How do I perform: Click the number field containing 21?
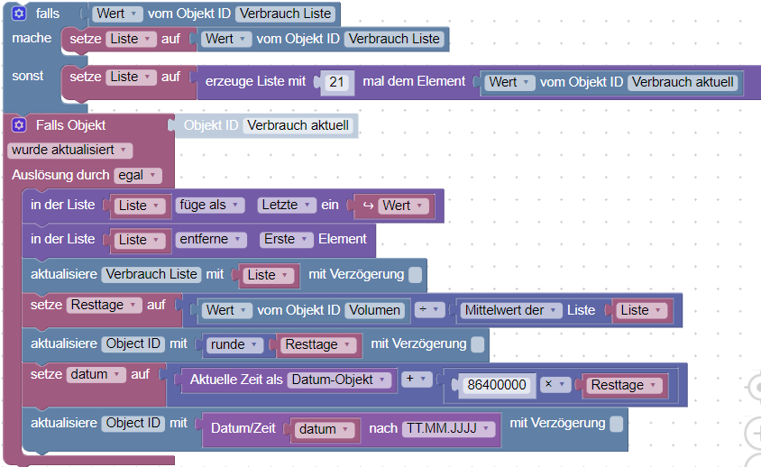(x=337, y=82)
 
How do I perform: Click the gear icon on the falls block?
(x=19, y=14)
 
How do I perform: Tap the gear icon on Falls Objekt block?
(x=19, y=125)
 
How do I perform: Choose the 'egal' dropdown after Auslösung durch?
(x=138, y=175)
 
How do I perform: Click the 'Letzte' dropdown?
(x=287, y=206)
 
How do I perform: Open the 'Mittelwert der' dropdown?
(x=509, y=310)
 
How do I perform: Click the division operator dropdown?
(x=430, y=310)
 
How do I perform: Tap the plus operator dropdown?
(x=415, y=379)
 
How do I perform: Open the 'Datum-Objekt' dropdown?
(x=340, y=380)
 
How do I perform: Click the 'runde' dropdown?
(x=235, y=344)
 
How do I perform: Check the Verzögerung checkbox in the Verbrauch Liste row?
(x=415, y=274)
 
